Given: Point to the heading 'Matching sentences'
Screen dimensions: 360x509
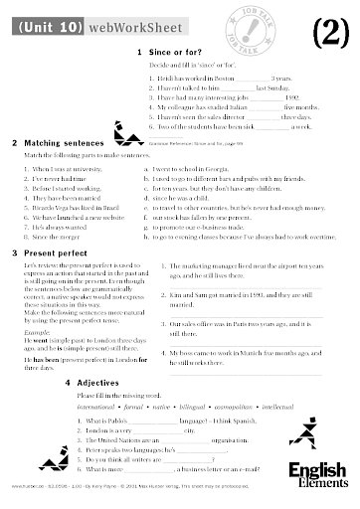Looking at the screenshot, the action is pos(55,143).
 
